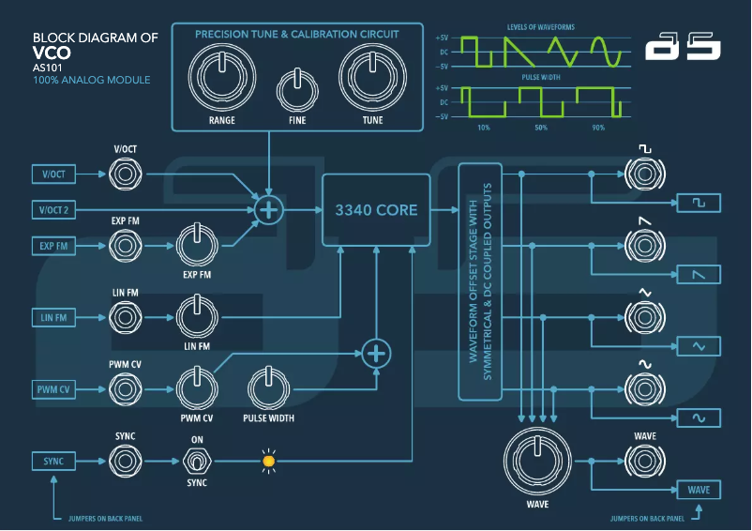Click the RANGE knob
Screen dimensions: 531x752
click(x=222, y=77)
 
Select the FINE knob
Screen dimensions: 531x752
click(x=298, y=91)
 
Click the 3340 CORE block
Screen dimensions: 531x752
click(x=376, y=210)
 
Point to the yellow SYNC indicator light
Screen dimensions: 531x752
click(x=268, y=461)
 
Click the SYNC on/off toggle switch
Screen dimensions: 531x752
click(x=196, y=461)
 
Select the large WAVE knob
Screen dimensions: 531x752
click(x=537, y=462)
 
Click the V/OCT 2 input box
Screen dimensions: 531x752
click(x=54, y=210)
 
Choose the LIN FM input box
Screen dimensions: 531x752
click(x=54, y=317)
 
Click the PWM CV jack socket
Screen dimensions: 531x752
click(x=125, y=388)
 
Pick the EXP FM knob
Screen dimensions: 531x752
click(x=196, y=246)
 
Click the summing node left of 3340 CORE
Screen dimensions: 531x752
click(x=269, y=210)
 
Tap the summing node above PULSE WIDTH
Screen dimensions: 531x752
click(x=376, y=353)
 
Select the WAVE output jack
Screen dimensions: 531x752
click(x=644, y=461)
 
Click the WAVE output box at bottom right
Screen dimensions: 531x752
click(x=699, y=490)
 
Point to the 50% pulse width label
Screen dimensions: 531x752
click(x=541, y=127)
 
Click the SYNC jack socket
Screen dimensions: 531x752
click(x=125, y=461)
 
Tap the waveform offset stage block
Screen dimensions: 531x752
click(x=480, y=281)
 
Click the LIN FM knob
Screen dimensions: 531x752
click(x=196, y=317)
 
